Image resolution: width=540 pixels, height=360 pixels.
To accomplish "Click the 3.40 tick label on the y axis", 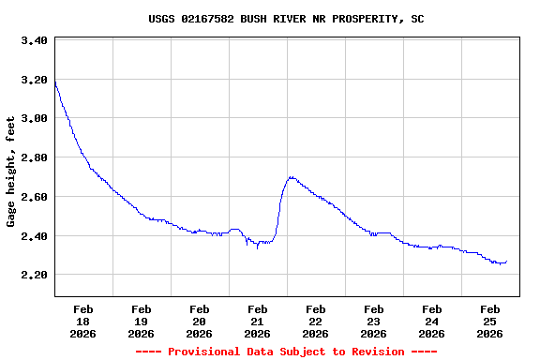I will [34, 40].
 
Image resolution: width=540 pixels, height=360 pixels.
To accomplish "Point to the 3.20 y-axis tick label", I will [34, 80].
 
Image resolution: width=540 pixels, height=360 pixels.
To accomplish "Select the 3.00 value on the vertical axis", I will [34, 118].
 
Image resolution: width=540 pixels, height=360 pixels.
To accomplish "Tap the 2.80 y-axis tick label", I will [34, 157].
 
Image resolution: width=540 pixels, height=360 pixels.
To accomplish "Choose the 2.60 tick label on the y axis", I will [34, 197].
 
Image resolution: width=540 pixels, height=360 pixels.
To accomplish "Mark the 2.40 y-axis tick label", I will [34, 235].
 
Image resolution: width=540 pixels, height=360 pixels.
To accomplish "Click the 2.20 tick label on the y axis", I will [34, 275].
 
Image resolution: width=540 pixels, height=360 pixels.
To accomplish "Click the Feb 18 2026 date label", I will [83, 321].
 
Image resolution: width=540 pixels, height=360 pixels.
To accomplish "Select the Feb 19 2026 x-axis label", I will [142, 321].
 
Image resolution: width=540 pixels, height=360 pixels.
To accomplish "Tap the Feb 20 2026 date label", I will [200, 321].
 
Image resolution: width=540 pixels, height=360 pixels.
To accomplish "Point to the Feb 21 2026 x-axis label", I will [258, 321].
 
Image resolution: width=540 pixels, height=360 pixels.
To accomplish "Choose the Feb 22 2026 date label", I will [316, 321].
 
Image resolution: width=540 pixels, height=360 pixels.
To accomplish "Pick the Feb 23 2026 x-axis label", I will [374, 321].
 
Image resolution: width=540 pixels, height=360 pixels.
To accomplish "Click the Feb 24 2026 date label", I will [432, 321].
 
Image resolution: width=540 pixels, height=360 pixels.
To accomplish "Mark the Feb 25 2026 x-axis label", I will [490, 321].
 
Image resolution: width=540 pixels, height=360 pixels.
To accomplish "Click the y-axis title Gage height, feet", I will [11, 172].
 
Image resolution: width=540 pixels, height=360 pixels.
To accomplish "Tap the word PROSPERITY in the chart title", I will [366, 19].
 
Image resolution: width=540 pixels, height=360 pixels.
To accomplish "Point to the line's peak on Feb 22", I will [292, 176].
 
